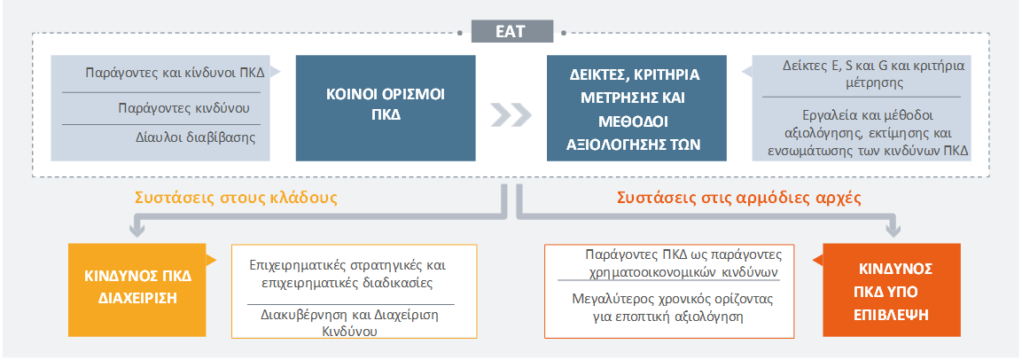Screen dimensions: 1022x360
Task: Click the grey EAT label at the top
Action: [x=511, y=31]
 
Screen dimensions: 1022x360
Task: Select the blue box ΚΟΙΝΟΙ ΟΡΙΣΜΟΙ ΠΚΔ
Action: [x=386, y=107]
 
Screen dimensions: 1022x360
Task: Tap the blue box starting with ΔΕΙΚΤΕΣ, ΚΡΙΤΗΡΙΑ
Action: [x=636, y=107]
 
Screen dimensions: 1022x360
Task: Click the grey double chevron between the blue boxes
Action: [x=511, y=114]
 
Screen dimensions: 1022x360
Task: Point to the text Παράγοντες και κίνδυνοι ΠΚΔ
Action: [x=175, y=72]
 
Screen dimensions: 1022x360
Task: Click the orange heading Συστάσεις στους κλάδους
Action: [x=236, y=198]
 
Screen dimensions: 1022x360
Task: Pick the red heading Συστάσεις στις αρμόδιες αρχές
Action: [x=739, y=198]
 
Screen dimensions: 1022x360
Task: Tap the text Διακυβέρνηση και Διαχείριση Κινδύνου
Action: [x=349, y=322]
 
